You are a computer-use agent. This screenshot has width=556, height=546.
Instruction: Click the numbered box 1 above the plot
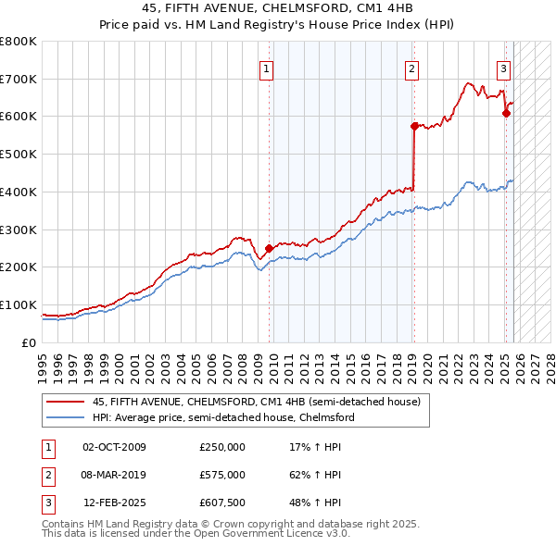point(266,68)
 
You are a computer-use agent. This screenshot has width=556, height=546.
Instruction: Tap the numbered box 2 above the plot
point(411,68)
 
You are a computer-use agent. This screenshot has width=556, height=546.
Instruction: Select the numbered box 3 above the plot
point(503,68)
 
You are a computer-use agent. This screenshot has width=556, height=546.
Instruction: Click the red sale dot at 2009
point(269,248)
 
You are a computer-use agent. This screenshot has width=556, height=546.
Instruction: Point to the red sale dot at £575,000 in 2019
point(413,125)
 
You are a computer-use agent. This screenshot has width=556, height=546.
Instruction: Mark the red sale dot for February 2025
point(506,113)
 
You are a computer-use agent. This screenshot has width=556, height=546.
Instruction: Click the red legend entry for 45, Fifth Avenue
point(256,402)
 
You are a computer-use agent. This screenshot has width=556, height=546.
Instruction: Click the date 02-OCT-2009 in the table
point(114,447)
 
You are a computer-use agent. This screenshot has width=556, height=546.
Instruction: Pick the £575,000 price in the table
point(221,475)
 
